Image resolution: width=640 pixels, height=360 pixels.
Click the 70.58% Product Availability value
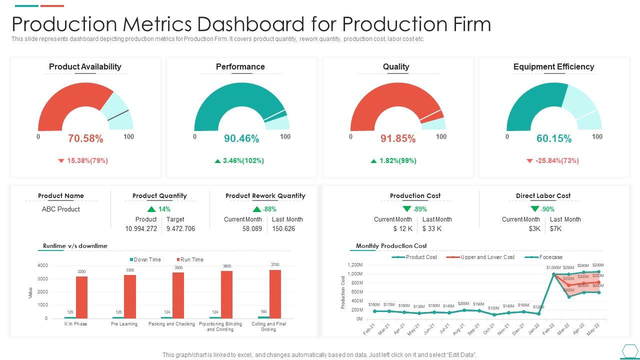click(85, 139)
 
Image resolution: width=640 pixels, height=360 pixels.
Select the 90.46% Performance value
click(241, 139)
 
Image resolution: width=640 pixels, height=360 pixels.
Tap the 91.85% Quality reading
click(398, 139)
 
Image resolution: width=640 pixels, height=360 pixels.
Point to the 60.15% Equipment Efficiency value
click(554, 139)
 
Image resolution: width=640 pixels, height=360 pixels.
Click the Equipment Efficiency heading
click(553, 67)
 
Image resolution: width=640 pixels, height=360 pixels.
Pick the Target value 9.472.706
click(180, 228)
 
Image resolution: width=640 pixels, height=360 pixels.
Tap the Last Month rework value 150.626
click(283, 228)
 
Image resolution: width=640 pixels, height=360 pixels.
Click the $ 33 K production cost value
click(431, 228)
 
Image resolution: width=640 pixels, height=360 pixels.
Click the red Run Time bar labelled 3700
click(275, 294)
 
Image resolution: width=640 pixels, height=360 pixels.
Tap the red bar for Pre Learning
click(130, 296)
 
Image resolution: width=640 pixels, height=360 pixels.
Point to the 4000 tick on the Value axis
click(42, 265)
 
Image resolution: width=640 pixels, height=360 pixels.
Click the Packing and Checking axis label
click(171, 324)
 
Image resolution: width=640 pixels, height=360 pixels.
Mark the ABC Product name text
click(60, 209)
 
